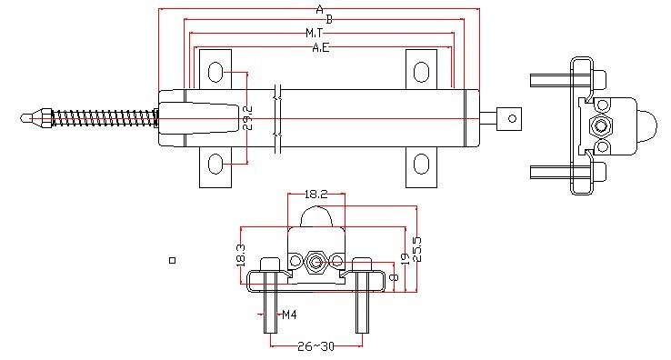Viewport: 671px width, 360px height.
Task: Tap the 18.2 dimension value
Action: pos(315,195)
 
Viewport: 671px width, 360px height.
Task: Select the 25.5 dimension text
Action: pos(416,249)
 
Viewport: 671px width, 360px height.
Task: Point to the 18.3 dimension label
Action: pos(241,255)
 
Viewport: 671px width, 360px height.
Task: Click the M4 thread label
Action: pos(289,315)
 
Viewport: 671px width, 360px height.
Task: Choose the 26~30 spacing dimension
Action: pos(315,346)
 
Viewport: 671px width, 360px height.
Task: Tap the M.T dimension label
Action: pos(314,33)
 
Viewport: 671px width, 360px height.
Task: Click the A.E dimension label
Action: pos(321,47)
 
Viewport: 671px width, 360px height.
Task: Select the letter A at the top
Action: pos(320,9)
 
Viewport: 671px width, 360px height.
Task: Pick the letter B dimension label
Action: pos(329,19)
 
